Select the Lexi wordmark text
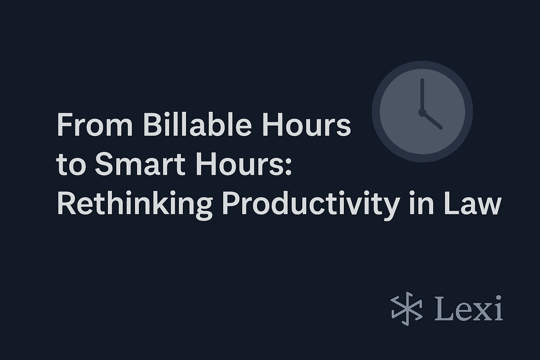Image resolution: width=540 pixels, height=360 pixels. [x=468, y=308]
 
